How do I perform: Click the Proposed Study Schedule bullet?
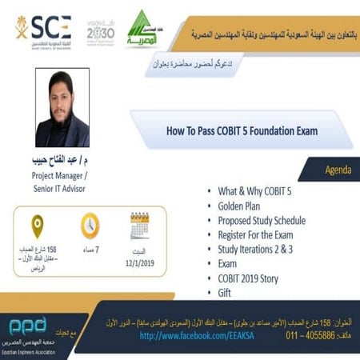click(265, 221)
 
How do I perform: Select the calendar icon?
click(140, 226)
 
